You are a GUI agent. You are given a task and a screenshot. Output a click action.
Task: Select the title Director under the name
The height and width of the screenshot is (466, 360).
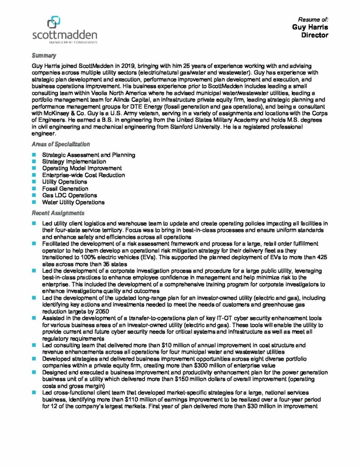click(314, 35)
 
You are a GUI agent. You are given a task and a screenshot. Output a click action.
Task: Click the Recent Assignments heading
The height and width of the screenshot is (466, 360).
click(58, 213)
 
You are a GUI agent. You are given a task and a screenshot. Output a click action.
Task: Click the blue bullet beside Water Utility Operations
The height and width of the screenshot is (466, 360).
click(34, 202)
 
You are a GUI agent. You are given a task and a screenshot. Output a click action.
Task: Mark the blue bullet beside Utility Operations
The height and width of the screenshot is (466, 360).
click(34, 182)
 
